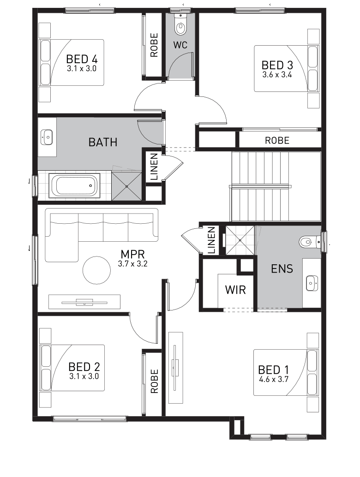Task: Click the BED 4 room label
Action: (x=82, y=59)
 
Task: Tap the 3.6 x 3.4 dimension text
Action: (x=277, y=74)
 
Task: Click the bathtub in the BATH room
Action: (x=75, y=185)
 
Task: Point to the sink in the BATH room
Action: (x=47, y=136)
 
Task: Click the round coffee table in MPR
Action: (x=96, y=270)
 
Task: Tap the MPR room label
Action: (x=133, y=254)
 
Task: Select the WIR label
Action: (x=235, y=290)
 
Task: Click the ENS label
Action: (x=282, y=268)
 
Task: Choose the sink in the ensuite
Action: (x=312, y=282)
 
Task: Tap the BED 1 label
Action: (x=273, y=370)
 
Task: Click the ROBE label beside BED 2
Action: (x=154, y=381)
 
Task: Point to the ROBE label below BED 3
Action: (x=277, y=141)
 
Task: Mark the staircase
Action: (x=275, y=186)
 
